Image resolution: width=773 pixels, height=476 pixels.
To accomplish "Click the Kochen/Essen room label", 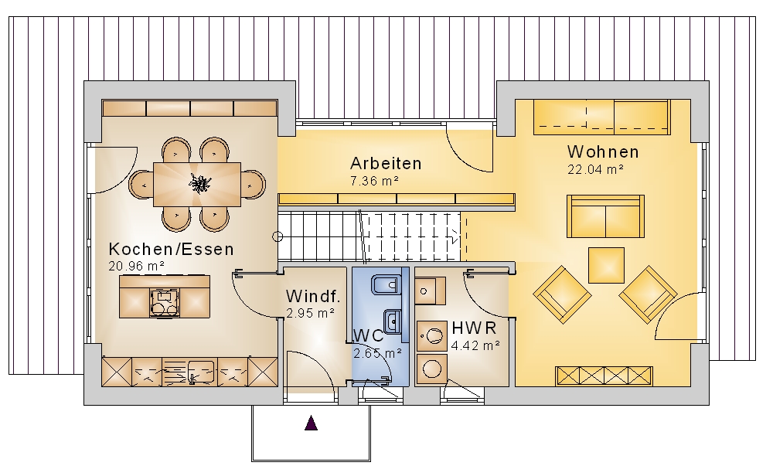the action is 171,250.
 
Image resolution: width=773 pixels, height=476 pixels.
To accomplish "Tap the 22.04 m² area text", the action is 595,169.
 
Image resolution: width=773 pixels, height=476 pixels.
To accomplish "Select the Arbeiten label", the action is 386,164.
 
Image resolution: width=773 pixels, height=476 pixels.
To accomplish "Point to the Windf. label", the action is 313,296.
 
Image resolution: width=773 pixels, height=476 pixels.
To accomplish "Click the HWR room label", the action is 474,328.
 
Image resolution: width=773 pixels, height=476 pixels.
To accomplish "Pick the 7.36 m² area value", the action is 374,181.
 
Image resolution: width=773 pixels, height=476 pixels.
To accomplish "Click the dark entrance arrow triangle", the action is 311,423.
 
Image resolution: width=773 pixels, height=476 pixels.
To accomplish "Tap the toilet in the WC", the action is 385,284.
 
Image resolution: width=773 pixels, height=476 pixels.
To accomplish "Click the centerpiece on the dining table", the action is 199,183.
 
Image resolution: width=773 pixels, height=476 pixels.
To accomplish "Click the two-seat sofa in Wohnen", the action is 605,216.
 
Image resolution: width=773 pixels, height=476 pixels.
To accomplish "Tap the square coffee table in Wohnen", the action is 606,265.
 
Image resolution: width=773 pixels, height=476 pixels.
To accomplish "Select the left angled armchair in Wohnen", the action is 562,294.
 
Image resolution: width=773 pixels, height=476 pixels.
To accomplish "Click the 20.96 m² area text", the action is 137,266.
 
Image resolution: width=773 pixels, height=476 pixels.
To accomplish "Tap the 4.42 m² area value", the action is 475,346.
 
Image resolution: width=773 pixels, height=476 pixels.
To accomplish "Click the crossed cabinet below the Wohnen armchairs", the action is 604,376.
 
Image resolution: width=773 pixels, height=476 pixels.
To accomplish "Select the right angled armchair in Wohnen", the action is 648,294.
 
